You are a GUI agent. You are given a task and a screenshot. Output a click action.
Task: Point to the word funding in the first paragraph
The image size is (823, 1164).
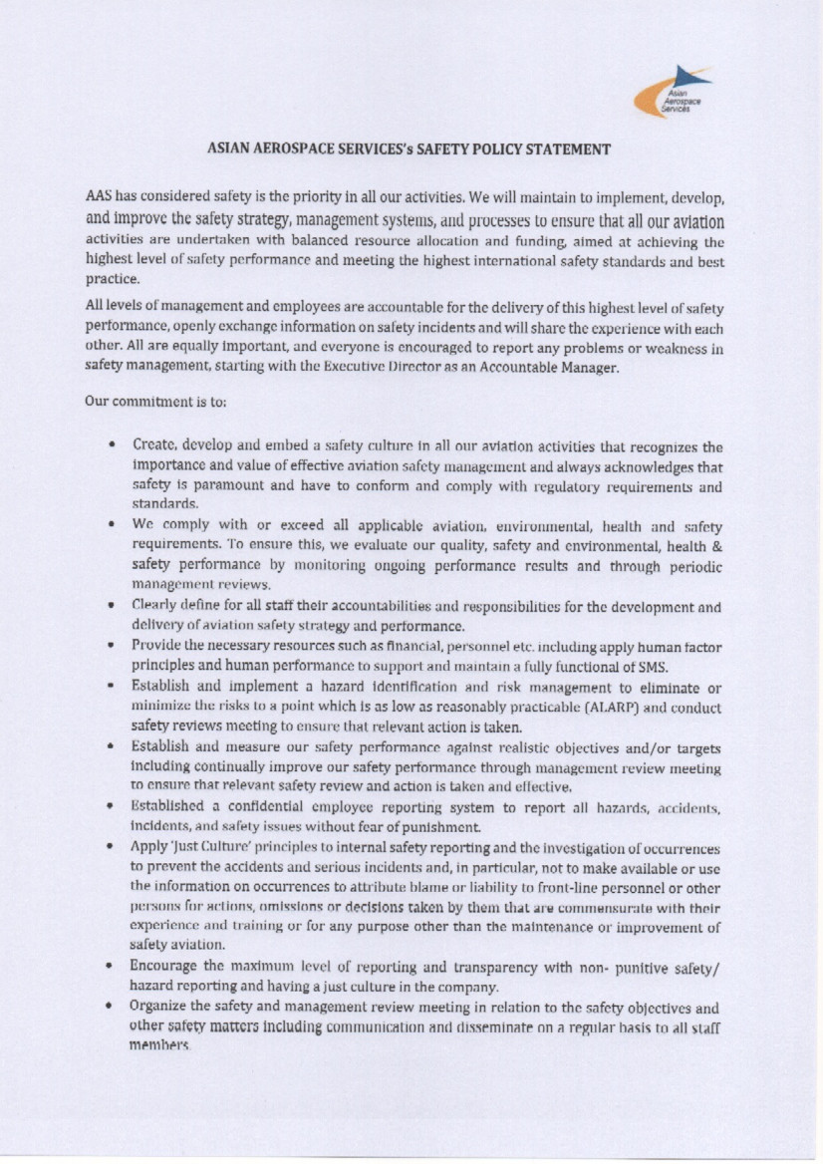tap(586, 241)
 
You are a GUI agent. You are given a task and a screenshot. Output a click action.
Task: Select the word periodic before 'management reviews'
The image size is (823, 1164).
tap(693, 566)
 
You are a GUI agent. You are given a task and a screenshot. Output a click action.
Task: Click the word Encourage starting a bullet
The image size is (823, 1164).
tap(168, 966)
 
